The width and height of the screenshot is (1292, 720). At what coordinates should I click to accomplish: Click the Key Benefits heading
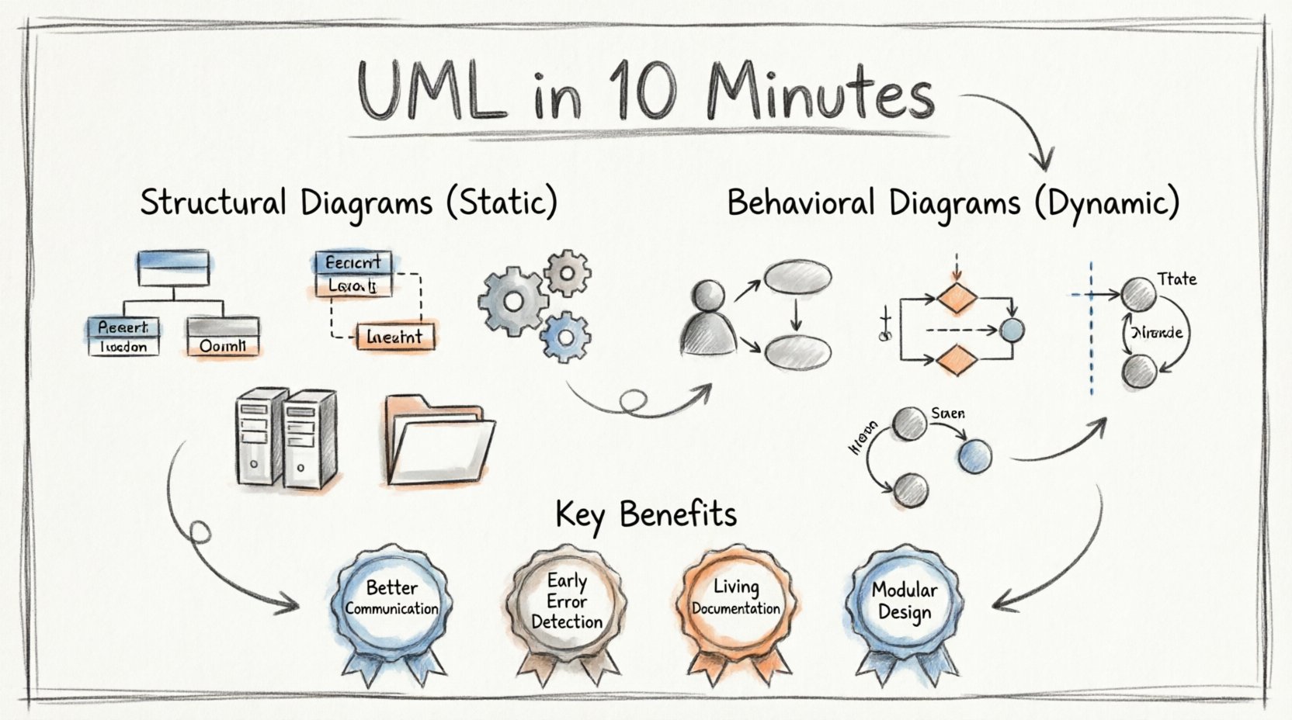(646, 514)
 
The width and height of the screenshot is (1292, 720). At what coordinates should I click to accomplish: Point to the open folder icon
(439, 442)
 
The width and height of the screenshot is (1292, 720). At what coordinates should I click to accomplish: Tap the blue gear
(565, 336)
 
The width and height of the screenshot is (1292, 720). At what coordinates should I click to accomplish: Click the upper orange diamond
(956, 297)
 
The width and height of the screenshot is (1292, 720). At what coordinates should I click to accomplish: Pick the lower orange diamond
(956, 359)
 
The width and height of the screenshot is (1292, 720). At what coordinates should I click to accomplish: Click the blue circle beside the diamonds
(1011, 330)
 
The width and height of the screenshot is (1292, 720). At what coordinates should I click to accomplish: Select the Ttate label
(1176, 279)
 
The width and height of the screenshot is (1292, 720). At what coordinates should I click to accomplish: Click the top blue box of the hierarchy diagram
(172, 269)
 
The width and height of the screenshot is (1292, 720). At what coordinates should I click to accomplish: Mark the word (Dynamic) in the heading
(1107, 203)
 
